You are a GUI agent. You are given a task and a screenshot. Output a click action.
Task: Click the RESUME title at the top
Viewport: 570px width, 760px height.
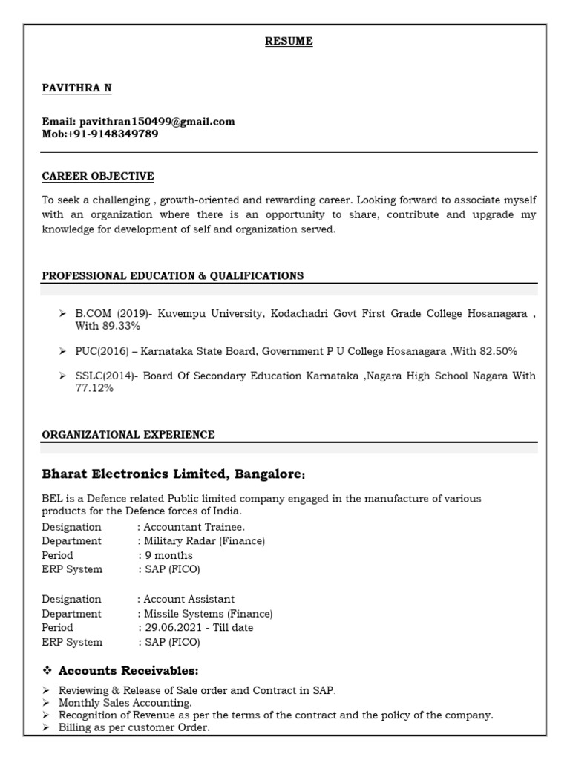click(289, 42)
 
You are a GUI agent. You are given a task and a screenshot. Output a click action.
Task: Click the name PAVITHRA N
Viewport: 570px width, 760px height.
click(77, 88)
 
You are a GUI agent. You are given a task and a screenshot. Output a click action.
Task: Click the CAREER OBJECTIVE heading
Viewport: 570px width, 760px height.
click(98, 176)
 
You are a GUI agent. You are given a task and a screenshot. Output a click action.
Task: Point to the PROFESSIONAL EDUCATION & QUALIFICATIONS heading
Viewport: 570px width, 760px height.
click(172, 275)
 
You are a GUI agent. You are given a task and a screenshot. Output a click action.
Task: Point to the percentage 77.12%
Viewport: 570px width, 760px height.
click(94, 388)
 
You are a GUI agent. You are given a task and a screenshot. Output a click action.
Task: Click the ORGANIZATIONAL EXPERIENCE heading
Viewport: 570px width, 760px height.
click(128, 435)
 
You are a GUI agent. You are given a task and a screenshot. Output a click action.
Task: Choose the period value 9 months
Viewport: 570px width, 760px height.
click(168, 555)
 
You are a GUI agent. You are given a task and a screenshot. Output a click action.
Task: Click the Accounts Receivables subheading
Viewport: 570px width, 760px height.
click(128, 671)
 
